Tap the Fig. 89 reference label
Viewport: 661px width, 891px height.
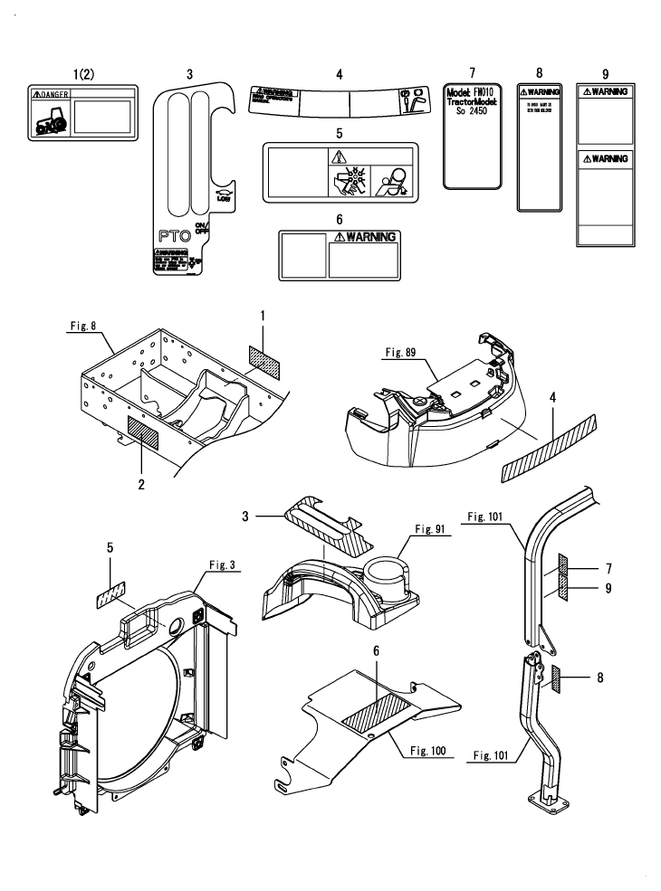point(396,347)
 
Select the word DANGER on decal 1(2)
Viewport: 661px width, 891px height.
point(55,94)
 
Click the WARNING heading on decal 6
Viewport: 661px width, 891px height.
point(367,237)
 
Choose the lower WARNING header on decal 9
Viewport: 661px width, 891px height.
point(606,159)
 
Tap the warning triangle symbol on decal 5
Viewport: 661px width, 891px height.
point(339,156)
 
